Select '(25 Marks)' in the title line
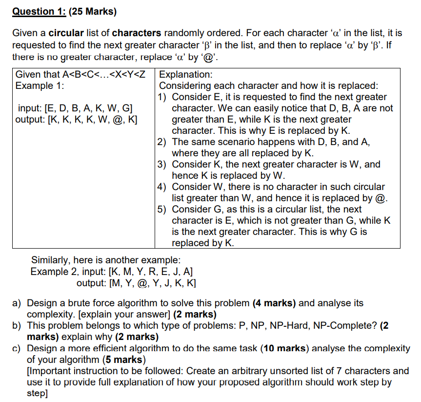pyautogui.click(x=96, y=11)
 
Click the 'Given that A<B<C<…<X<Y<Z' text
pyautogui.click(x=81, y=75)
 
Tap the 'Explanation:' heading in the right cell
pyautogui.click(x=186, y=75)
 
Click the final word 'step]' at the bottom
pyautogui.click(x=37, y=393)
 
